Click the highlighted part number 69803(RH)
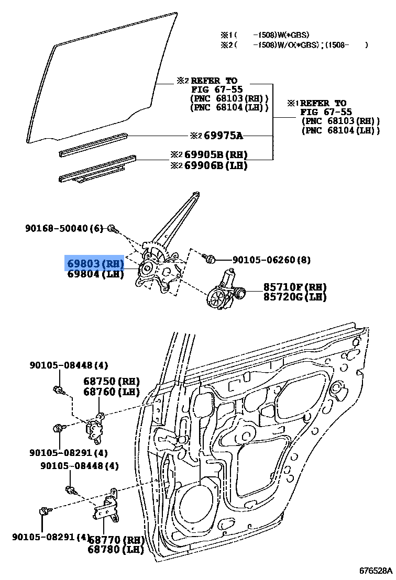pos(95,263)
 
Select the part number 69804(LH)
pos(95,274)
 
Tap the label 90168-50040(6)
pos(64,228)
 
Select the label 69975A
pos(223,136)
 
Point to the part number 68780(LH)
pos(116,550)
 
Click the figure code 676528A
pos(375,570)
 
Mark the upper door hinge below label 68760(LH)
pos(95,427)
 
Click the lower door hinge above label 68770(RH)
pos(109,508)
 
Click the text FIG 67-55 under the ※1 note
pos(326,112)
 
